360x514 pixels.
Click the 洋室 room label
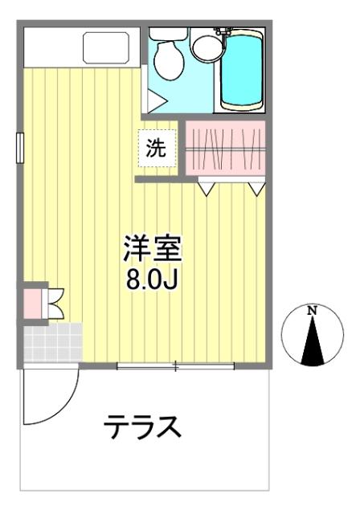point(153,248)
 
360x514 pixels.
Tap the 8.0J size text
point(153,280)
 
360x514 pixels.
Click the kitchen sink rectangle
point(107,48)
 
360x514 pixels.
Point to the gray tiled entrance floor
point(52,343)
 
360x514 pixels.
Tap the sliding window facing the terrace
point(175,367)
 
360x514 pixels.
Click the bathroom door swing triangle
point(154,103)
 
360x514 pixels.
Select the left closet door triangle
point(207,189)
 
